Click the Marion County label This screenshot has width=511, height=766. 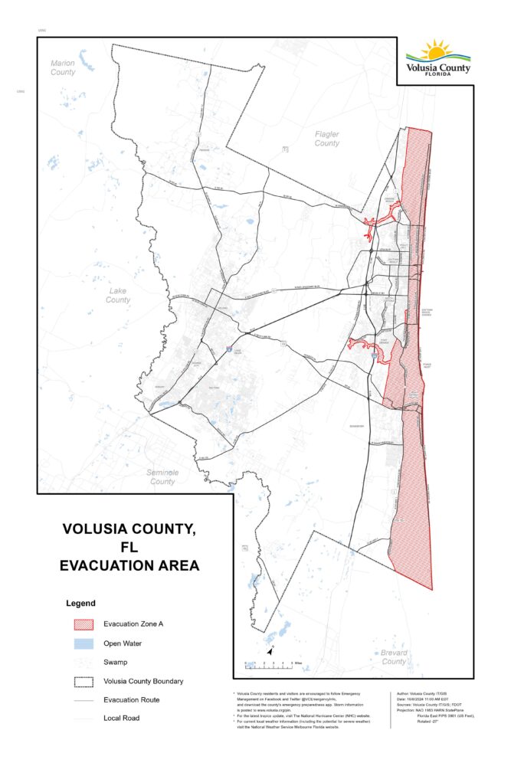64,67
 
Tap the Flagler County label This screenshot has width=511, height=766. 327,139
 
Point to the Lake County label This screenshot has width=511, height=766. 118,295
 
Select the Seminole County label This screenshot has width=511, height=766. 162,477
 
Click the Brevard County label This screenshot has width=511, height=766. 394,656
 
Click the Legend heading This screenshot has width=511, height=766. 80,604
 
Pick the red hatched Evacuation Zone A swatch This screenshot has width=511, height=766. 80,624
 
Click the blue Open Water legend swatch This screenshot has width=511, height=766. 80,643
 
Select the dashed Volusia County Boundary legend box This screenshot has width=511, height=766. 80,680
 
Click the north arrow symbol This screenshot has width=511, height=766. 270,650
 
